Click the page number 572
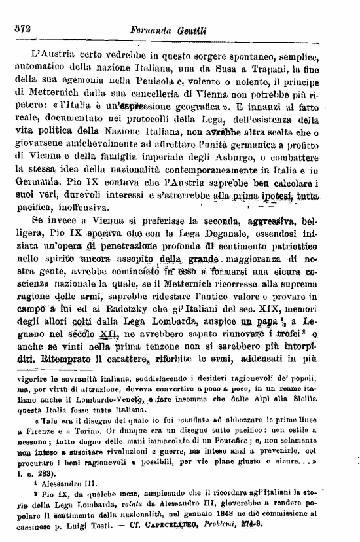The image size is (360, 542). tap(23, 29)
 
